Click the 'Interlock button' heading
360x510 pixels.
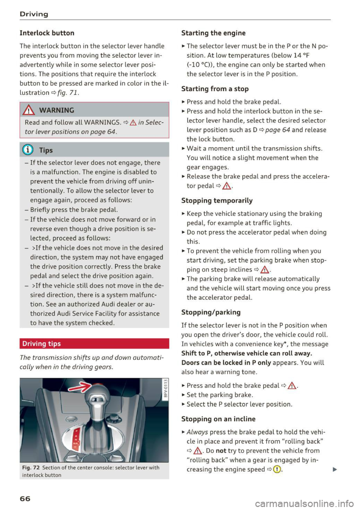pos(47,33)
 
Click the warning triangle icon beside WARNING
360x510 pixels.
pos(28,110)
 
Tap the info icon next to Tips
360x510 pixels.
pos(28,150)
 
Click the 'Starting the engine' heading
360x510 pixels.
pos(213,33)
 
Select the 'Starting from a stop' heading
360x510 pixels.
pos(215,89)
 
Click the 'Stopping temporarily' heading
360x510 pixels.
pos(217,200)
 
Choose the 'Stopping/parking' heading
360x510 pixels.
pos(211,312)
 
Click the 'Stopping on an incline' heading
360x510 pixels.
pos(218,419)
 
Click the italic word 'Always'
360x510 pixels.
pos(197,432)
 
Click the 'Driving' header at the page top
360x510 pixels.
pos(34,14)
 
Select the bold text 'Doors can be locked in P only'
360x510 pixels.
pos(226,363)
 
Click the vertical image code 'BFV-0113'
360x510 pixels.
pos(165,388)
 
